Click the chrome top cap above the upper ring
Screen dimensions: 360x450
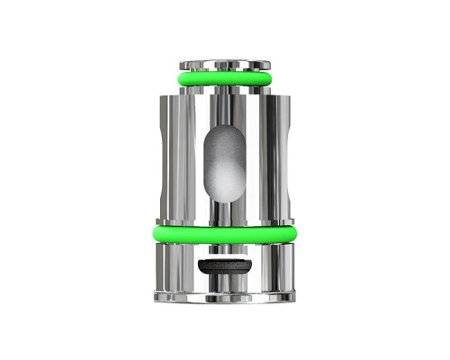224,65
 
